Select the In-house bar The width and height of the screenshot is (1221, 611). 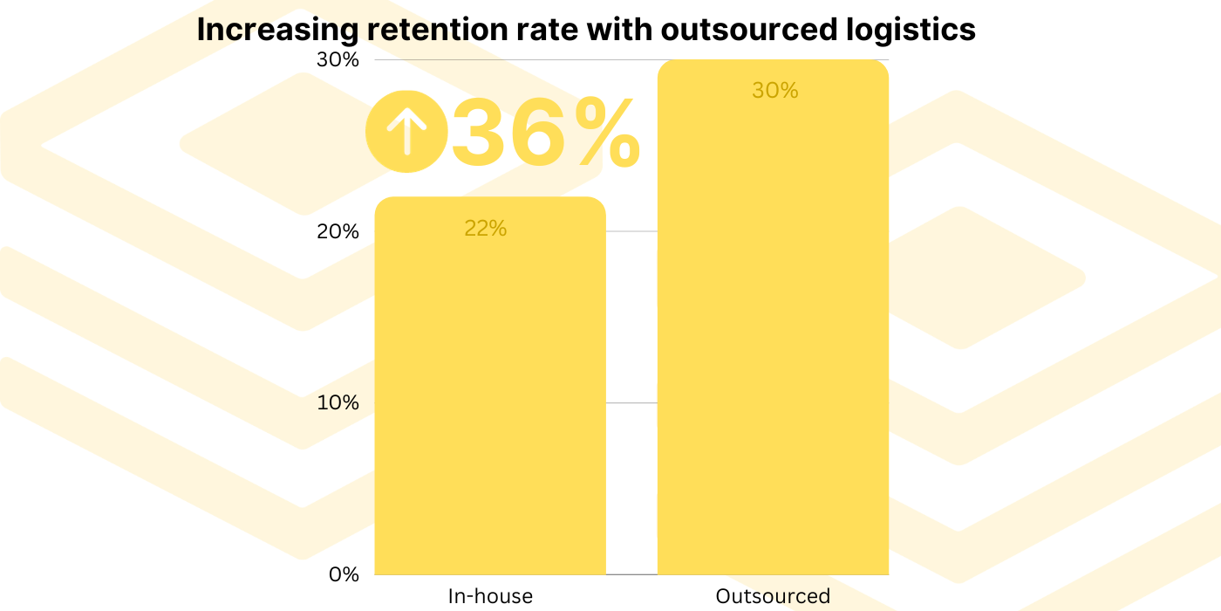point(490,393)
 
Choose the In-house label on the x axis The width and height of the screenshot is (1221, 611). point(490,597)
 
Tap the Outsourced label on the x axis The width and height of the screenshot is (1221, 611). point(773,597)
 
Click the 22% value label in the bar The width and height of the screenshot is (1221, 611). point(485,228)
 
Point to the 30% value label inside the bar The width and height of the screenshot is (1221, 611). point(774,91)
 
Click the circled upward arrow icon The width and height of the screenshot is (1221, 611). point(406,131)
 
